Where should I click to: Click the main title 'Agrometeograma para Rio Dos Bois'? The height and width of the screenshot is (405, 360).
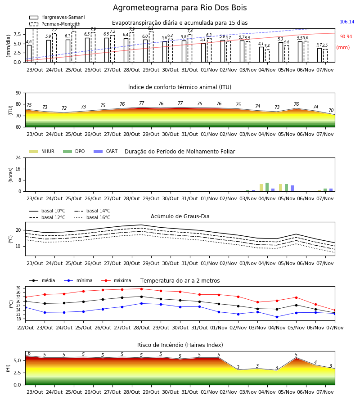point(180,8)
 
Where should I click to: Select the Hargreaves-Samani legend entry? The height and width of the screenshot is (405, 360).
point(57,17)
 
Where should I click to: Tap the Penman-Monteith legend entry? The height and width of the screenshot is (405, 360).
point(55,24)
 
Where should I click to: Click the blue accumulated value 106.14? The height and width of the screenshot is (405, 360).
point(347,22)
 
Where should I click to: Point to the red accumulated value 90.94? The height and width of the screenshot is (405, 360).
point(346,37)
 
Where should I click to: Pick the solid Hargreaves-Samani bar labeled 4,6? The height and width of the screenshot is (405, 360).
point(29,54)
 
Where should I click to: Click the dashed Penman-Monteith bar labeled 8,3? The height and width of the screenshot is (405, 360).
point(74,47)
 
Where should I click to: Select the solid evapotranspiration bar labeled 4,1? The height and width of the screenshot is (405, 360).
point(261,54)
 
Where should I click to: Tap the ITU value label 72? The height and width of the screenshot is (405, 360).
point(64,108)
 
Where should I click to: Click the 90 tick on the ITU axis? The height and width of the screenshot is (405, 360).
point(18,93)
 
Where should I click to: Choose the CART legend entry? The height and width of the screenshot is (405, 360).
point(106,151)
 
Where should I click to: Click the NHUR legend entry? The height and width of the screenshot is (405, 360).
point(42,151)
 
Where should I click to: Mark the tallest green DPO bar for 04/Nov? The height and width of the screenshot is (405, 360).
point(267,187)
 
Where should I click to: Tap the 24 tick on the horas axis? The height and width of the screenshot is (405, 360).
point(18,158)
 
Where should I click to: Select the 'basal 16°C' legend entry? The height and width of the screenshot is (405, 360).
point(92,217)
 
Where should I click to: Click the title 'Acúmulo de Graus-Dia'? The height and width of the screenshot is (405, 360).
point(180,216)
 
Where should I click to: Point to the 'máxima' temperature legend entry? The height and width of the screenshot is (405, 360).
point(117,280)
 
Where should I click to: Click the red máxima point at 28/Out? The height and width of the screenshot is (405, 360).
point(141,289)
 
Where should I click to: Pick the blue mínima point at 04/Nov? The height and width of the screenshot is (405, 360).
point(277,317)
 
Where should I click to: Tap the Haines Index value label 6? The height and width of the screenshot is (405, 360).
point(29,353)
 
